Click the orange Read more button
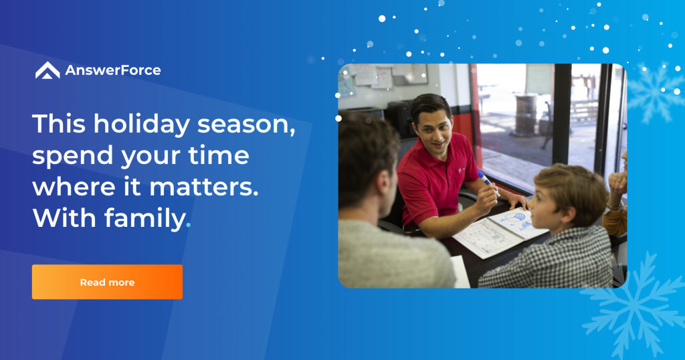pyautogui.click(x=107, y=282)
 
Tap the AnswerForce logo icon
pyautogui.click(x=47, y=70)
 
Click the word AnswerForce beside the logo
pyautogui.click(x=113, y=70)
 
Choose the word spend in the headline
pyautogui.click(x=72, y=157)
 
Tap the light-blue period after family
pyautogui.click(x=189, y=225)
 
